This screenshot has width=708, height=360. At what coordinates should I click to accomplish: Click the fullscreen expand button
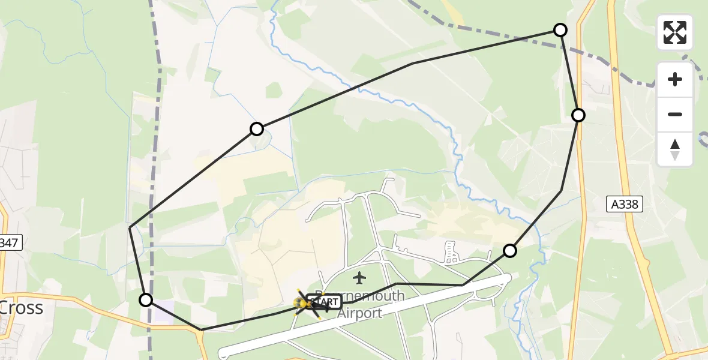(675, 32)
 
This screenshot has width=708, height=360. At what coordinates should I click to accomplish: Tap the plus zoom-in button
(675, 79)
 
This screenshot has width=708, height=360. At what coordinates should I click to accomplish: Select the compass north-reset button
(675, 149)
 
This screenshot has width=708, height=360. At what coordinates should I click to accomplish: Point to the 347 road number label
(10, 243)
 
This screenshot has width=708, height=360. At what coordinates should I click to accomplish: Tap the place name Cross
(22, 308)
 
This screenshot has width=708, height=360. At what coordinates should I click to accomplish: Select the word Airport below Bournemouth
(359, 313)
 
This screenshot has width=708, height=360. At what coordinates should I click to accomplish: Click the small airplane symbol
(359, 278)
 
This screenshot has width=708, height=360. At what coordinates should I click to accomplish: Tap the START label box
(325, 302)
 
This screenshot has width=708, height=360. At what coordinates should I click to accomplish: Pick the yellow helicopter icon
(302, 304)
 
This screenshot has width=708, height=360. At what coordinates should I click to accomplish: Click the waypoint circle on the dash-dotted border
(560, 30)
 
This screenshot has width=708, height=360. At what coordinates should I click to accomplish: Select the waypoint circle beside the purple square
(146, 300)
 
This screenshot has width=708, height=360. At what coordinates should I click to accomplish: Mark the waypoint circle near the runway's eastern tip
(509, 251)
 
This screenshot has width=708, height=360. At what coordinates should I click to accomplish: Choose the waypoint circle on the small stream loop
(257, 129)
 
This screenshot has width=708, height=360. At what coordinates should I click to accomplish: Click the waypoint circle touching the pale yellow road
(578, 115)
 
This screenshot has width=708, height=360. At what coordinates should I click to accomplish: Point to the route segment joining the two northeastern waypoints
(569, 73)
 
